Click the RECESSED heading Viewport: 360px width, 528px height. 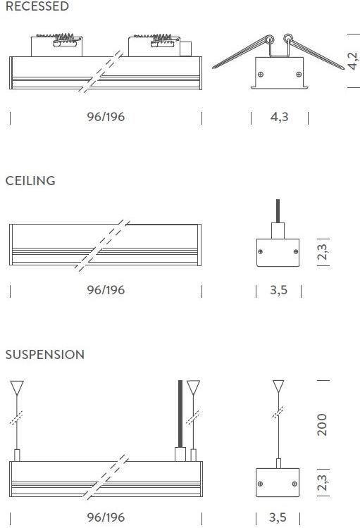pyautogui.click(x=37, y=6)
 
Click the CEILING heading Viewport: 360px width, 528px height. pyautogui.click(x=30, y=180)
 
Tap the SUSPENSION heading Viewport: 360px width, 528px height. pyautogui.click(x=45, y=354)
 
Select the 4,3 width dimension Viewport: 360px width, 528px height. pyautogui.click(x=280, y=117)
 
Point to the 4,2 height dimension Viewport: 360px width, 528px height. pyautogui.click(x=352, y=61)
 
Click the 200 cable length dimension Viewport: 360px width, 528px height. pyautogui.click(x=322, y=425)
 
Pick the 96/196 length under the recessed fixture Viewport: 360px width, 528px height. pyautogui.click(x=106, y=117)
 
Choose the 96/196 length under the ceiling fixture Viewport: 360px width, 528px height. pyautogui.click(x=106, y=290)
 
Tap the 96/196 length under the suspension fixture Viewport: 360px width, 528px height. pyautogui.click(x=106, y=517)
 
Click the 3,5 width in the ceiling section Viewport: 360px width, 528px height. pyautogui.click(x=279, y=290)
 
